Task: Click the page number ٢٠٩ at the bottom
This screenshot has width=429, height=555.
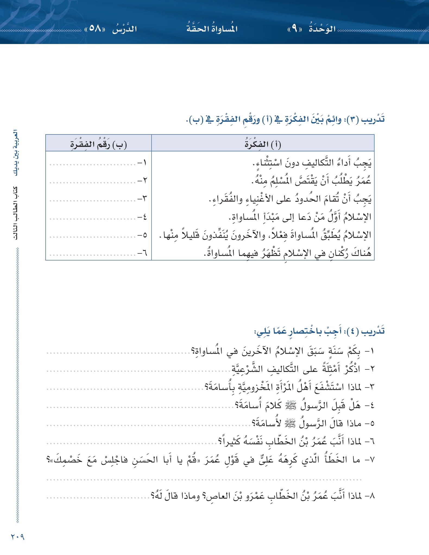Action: pyautogui.click(x=18, y=537)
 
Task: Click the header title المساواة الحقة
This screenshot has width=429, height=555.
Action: pyautogui.click(x=212, y=29)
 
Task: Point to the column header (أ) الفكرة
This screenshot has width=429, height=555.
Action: pyautogui.click(x=263, y=144)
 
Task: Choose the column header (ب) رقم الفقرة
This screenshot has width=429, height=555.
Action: pyautogui.click(x=99, y=144)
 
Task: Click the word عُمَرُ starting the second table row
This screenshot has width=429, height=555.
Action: pyautogui.click(x=362, y=181)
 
